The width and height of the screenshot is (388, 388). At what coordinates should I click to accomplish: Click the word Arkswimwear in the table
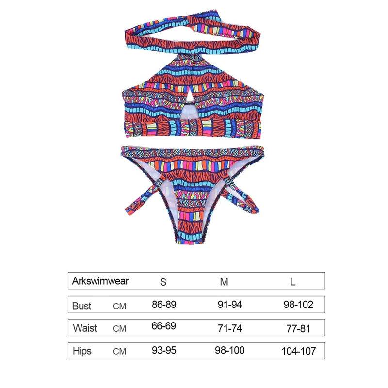tap(100, 281)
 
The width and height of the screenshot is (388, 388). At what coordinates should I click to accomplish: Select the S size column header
tap(163, 282)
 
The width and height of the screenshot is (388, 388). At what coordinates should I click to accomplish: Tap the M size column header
tap(224, 282)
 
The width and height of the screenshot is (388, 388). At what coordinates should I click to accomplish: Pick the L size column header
tap(293, 282)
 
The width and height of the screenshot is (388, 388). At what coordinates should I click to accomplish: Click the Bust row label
tap(81, 306)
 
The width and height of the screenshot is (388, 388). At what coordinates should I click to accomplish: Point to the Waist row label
tap(85, 328)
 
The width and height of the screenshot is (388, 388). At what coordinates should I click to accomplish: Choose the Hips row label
tap(82, 351)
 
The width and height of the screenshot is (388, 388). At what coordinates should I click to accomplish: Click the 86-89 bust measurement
tap(164, 305)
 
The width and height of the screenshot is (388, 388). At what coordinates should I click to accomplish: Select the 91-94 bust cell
tap(230, 305)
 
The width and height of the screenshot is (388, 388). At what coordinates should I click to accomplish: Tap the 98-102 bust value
tap(298, 305)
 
